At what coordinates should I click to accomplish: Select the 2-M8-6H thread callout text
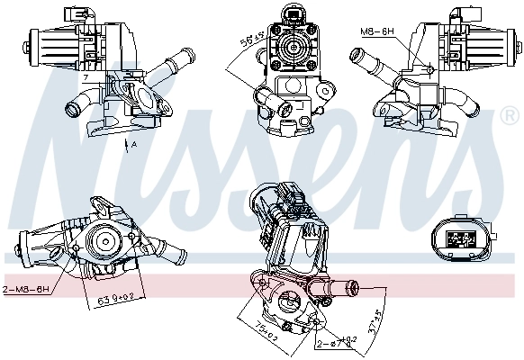tap(26, 290)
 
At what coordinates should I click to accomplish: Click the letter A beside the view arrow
tap(134, 145)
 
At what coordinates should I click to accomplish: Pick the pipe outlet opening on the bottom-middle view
tap(353, 287)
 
